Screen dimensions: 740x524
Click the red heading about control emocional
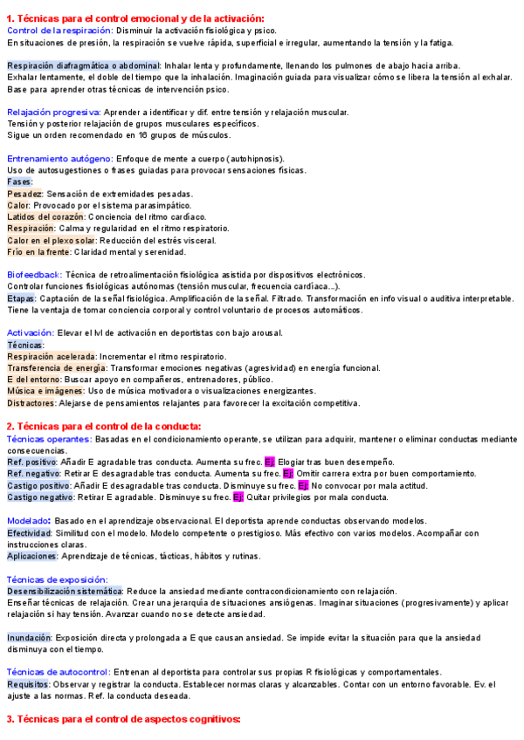coord(135,18)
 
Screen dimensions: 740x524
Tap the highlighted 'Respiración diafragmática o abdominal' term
coord(83,65)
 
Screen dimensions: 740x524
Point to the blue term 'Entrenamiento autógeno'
coord(59,159)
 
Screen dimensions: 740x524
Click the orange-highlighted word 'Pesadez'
coord(24,194)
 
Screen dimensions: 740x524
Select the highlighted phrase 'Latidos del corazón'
coord(45,216)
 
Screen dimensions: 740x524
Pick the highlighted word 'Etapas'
coord(22,298)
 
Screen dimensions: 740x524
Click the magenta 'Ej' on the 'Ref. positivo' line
coord(270,462)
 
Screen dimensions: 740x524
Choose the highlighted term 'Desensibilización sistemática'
coord(65,591)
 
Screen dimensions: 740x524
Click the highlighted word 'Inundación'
coord(29,638)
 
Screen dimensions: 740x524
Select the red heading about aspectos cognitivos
coord(122,719)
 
